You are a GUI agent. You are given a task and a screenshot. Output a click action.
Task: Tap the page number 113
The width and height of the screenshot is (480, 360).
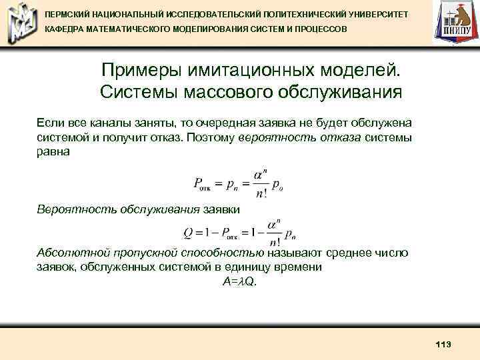[x=443, y=344]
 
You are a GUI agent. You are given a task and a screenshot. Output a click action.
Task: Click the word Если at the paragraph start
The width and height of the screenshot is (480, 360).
[x=49, y=123]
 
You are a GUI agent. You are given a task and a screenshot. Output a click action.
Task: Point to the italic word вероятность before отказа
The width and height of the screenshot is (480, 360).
[x=274, y=137]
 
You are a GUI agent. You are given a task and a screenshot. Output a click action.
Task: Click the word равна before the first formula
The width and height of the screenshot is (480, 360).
[x=53, y=151]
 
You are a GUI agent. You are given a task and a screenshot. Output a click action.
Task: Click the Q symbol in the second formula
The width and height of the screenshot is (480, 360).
[x=188, y=233]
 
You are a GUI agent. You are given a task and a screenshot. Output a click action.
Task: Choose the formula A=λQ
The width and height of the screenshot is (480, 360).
[x=239, y=281]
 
